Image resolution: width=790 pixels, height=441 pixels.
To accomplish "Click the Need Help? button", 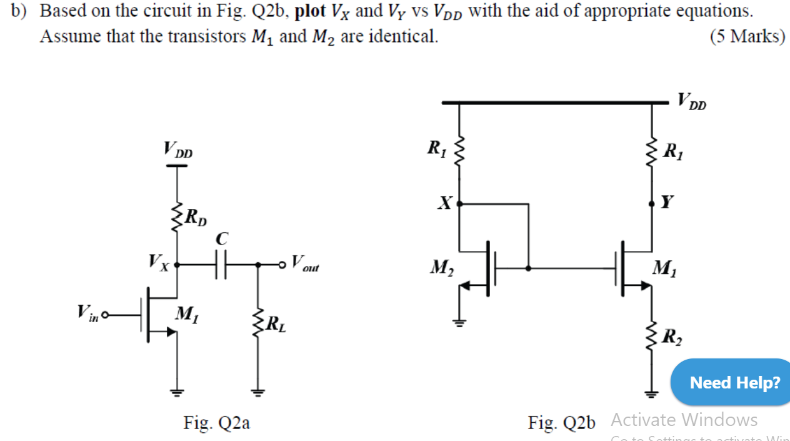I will coord(734,382).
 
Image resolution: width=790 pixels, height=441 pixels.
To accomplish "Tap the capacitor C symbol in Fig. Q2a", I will coord(222,265).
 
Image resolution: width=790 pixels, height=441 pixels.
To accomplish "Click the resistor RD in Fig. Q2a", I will coord(177,216).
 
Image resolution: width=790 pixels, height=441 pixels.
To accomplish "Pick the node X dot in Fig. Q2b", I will coord(460,203).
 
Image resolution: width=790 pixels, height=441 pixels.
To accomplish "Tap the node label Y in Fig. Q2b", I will coord(668,202).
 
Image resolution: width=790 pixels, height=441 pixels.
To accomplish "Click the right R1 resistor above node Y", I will coord(653,150).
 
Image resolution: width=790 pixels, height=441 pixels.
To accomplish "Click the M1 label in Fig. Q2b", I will coord(664,270).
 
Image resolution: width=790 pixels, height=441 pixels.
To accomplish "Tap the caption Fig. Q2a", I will coord(216,423).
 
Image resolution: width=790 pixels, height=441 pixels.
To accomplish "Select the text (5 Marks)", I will coord(747,36).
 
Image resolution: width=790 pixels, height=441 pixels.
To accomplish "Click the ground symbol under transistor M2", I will coord(460,323).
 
